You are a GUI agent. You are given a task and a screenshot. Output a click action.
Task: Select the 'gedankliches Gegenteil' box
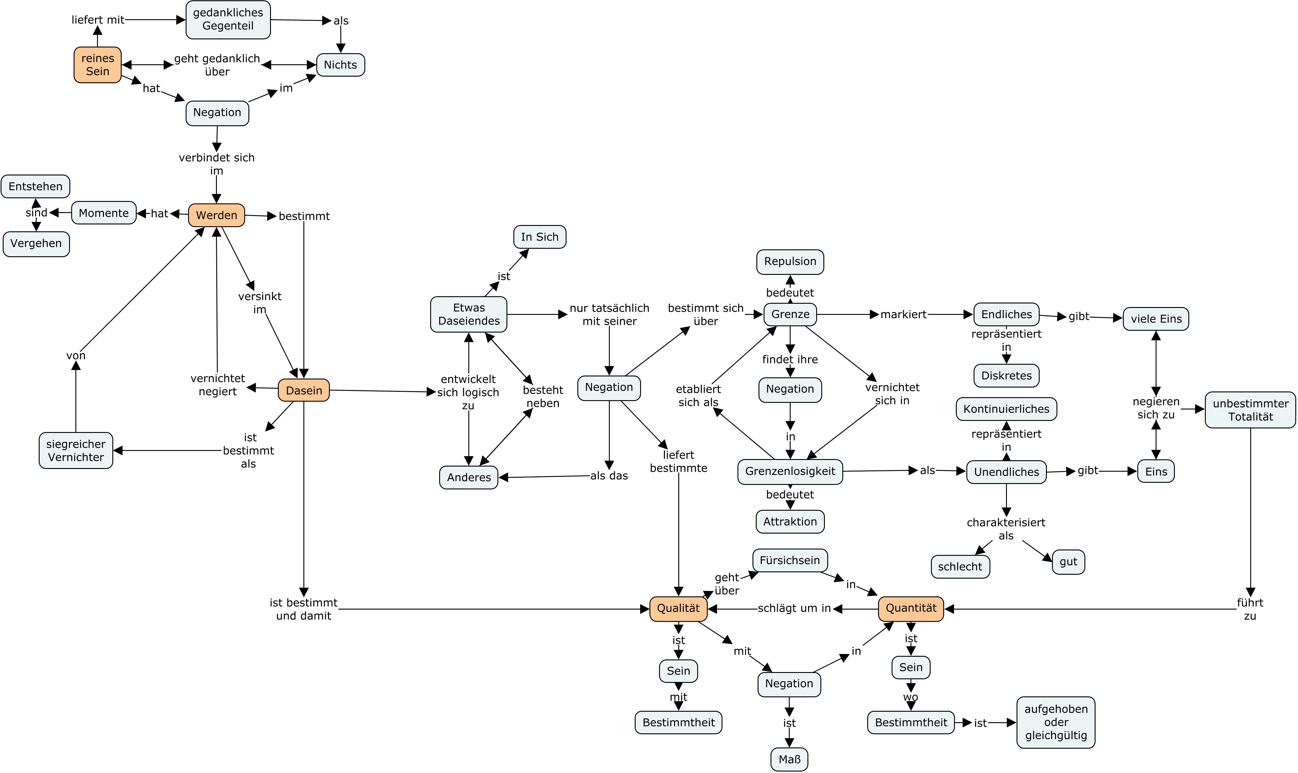228,20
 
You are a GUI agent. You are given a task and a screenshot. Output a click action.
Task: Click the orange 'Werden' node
217,215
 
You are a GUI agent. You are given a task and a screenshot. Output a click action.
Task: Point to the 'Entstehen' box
35,187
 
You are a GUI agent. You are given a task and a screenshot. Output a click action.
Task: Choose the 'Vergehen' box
36,244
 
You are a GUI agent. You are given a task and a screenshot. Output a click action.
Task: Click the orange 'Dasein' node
304,390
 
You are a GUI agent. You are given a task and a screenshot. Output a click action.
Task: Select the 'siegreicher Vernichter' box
76,451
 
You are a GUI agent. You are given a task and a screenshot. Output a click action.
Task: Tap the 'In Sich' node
540,237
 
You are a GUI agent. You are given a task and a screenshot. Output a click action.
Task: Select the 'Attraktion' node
790,522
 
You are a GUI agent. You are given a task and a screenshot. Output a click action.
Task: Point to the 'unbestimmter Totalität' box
1251,410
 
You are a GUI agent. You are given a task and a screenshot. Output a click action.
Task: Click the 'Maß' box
789,759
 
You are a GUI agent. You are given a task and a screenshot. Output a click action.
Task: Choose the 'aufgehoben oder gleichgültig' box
1056,723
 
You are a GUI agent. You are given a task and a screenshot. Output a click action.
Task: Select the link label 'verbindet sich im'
217,164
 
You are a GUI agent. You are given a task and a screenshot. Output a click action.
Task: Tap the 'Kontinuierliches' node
1006,409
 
